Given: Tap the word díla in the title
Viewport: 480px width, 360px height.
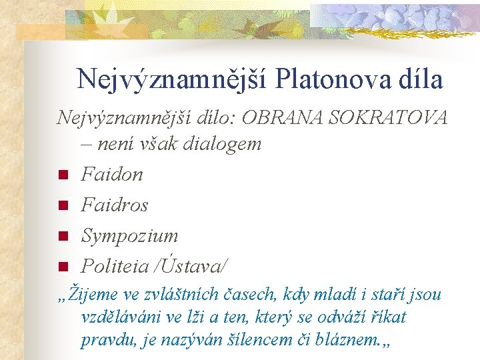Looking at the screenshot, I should [417, 79].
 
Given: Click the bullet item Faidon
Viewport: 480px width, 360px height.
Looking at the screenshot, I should [111, 174].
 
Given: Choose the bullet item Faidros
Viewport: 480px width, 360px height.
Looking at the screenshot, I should [114, 205].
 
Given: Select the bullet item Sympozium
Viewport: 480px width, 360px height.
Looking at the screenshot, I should [129, 235].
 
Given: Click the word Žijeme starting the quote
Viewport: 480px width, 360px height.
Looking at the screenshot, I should [93, 295].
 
